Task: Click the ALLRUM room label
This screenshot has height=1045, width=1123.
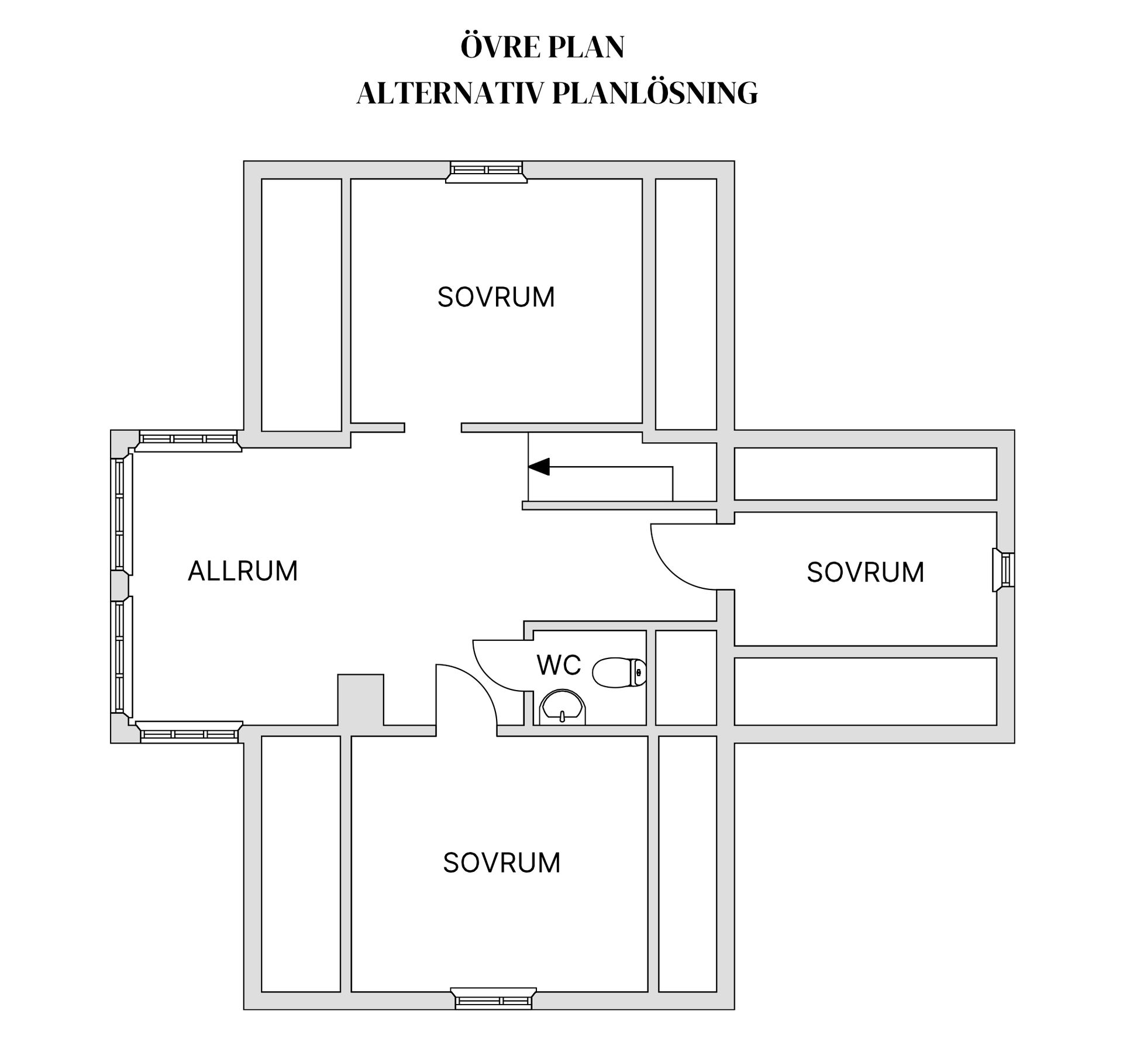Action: (x=243, y=571)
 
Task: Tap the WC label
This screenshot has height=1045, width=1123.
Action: (x=559, y=665)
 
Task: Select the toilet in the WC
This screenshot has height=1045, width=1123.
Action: (x=619, y=672)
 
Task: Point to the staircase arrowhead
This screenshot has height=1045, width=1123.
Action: (x=539, y=467)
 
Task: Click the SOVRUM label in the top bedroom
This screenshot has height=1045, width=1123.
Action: (x=496, y=297)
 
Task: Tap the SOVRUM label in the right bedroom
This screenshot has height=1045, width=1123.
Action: (x=866, y=572)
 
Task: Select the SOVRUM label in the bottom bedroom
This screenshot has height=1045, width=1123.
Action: (x=502, y=863)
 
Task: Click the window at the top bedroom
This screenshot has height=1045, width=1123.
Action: (x=486, y=172)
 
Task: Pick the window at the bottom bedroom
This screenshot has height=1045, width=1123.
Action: (x=493, y=998)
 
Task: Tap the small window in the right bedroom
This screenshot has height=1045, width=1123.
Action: (x=1004, y=570)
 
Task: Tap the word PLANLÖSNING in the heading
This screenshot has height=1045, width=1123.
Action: (x=655, y=94)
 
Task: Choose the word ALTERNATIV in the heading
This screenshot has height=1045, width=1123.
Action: (x=450, y=94)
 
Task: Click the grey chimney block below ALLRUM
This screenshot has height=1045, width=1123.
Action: (x=361, y=700)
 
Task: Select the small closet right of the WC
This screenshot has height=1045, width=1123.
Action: (x=686, y=678)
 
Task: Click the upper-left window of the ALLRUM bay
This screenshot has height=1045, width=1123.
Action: (x=188, y=440)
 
